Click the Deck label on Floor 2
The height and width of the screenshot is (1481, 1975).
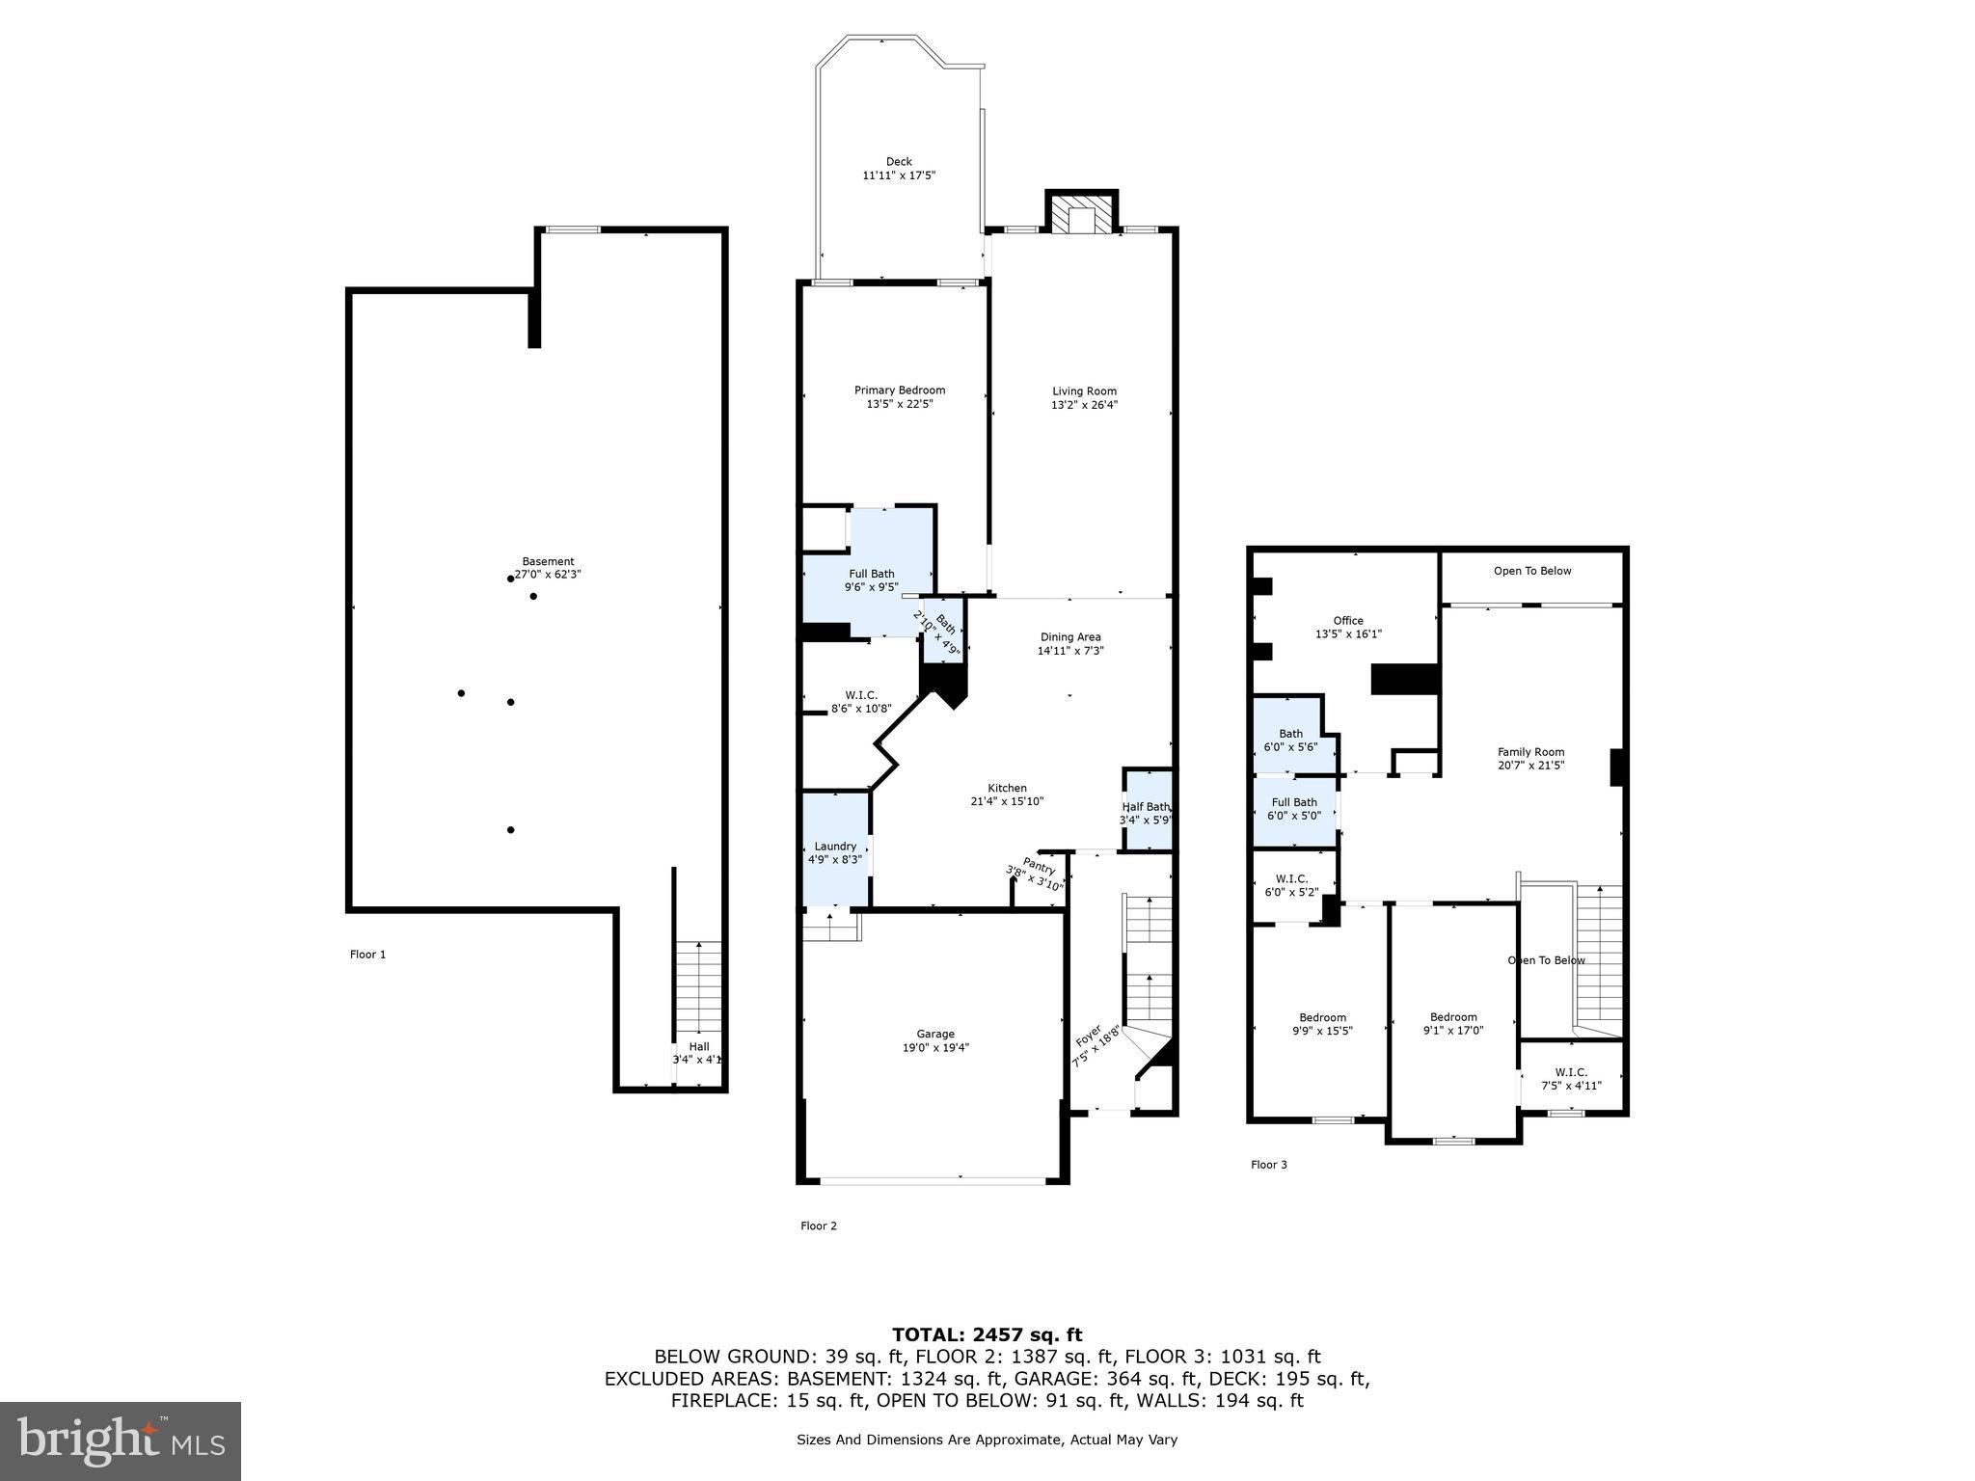[x=899, y=162]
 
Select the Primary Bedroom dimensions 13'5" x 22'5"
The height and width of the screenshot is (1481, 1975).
[x=899, y=405]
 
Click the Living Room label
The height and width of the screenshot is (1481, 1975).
[x=1084, y=391]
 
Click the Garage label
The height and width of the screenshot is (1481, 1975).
[x=935, y=1034]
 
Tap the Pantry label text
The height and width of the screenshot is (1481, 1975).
[x=1040, y=866]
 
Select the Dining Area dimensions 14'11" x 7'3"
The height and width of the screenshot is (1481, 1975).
[x=1070, y=651]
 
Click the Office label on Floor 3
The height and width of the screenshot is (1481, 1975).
[x=1348, y=621]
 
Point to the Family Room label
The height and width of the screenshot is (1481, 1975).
[x=1530, y=752]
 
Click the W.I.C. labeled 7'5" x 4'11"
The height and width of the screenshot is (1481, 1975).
[x=1571, y=1079]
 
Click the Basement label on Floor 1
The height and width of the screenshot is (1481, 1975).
[x=548, y=561]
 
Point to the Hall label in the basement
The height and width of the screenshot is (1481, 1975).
[x=698, y=1046]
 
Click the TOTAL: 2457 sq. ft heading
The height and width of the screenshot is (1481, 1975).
[x=987, y=1334]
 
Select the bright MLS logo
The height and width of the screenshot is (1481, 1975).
[x=121, y=1441]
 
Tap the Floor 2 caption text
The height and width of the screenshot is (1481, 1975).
[x=818, y=1225]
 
